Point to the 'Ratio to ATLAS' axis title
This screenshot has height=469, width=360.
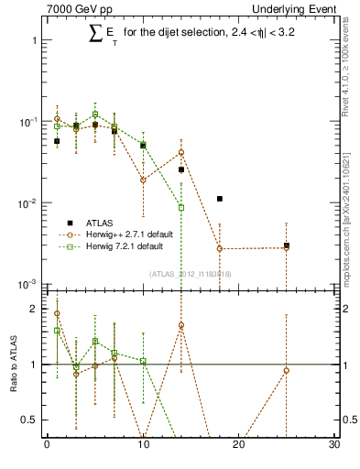click(12, 365)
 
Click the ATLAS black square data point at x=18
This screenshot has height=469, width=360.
click(220, 199)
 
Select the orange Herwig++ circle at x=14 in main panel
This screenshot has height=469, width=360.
click(181, 152)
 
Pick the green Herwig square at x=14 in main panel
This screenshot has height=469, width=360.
click(181, 208)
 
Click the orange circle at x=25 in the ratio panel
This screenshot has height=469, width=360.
click(287, 370)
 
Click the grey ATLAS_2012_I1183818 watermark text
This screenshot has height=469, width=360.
click(191, 273)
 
